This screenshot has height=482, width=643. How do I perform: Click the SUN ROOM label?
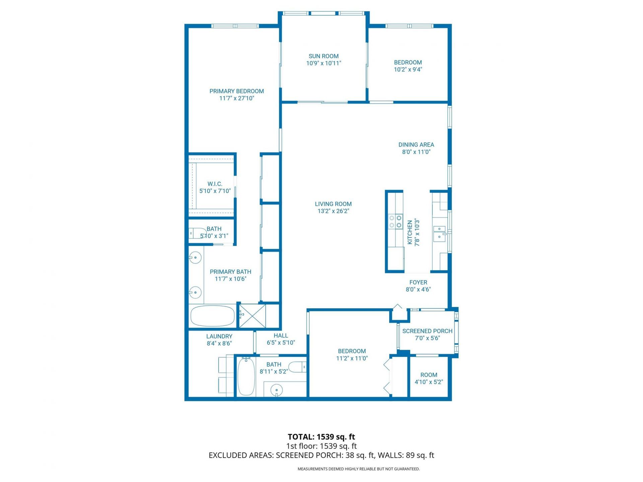[x=324, y=56]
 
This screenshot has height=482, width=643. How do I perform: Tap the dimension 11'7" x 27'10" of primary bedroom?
[x=236, y=98]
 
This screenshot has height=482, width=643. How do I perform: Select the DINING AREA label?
[x=416, y=145]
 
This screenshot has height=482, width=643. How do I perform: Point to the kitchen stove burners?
[x=395, y=222]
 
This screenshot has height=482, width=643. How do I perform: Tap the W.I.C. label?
[x=215, y=184]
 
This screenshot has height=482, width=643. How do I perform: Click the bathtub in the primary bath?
[x=212, y=316]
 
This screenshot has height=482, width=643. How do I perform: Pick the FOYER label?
[x=418, y=283]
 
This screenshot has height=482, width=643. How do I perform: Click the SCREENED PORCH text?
[x=427, y=331]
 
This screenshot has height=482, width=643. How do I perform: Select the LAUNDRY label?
[x=219, y=336]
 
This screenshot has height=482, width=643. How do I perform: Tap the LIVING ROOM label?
[x=333, y=204]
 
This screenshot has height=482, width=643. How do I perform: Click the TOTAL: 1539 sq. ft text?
[x=321, y=437]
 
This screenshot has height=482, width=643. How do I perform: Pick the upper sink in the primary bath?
[x=195, y=258]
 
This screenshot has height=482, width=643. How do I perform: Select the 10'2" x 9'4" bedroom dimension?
[x=408, y=70]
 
